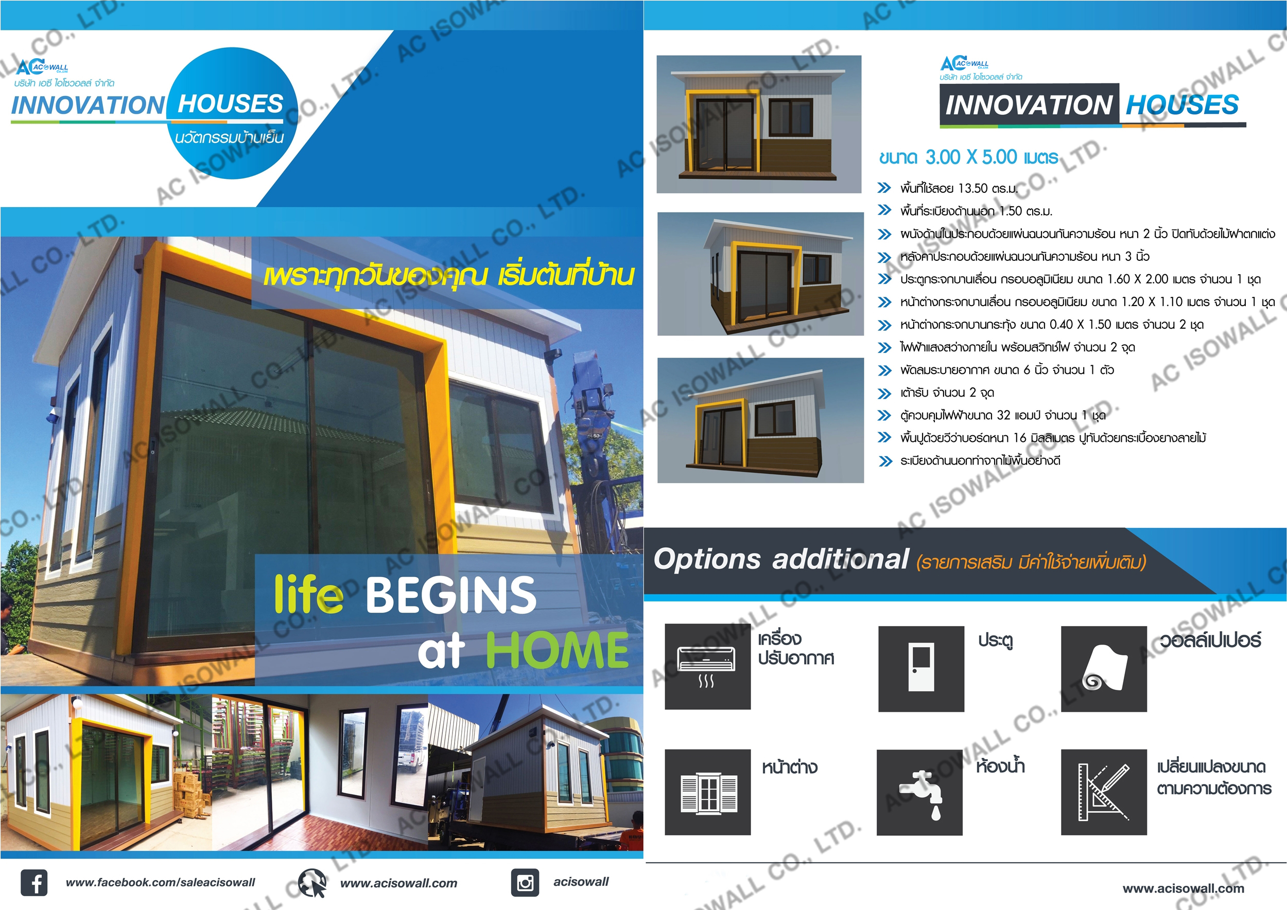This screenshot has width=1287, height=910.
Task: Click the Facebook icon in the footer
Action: click(34, 883)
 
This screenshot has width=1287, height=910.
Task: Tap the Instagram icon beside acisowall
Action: click(525, 883)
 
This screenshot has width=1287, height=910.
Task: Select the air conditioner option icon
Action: click(708, 667)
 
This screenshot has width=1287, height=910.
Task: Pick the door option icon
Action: click(921, 669)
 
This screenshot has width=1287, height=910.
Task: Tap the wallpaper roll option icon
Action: click(1104, 669)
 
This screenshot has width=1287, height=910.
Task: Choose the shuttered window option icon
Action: click(708, 792)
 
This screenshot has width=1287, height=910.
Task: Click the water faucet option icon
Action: click(919, 792)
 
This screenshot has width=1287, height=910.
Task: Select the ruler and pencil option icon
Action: click(1104, 792)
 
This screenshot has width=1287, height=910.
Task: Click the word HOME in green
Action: click(557, 650)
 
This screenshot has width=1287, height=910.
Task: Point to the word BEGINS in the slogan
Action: click(451, 595)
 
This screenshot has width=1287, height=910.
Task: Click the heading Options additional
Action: click(780, 559)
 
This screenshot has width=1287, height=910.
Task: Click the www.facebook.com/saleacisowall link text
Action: click(161, 883)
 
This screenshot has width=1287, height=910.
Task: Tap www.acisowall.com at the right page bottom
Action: click(1183, 888)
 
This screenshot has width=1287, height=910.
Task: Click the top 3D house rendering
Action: click(759, 124)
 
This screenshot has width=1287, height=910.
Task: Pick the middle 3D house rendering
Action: click(760, 274)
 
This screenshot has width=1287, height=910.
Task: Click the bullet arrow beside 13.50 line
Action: click(884, 188)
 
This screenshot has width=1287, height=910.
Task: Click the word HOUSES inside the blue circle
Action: click(231, 104)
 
